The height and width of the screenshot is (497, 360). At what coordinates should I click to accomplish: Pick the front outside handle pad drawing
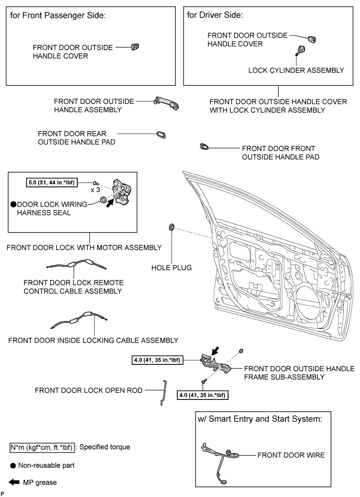tap(205, 148)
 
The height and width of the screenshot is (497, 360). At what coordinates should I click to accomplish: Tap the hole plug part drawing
tap(172, 228)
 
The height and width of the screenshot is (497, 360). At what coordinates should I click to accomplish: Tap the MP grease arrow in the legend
tap(11, 482)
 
